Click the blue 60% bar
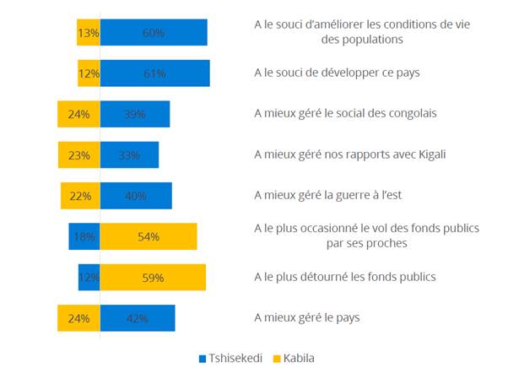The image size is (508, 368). (x=153, y=32)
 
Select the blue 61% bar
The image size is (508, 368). (x=154, y=73)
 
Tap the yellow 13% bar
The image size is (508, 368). (x=88, y=32)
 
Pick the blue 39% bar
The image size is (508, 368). (x=134, y=114)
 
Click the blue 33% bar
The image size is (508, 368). (x=129, y=154)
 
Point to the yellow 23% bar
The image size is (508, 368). (x=78, y=154)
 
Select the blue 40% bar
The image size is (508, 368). (x=135, y=196)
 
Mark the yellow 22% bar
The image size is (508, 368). (x=80, y=196)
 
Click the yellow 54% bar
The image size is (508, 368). (x=148, y=236)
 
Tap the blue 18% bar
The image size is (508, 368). (x=84, y=236)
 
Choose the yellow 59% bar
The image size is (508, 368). (x=152, y=277)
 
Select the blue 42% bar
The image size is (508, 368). (x=137, y=318)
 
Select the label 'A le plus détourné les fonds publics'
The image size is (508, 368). (x=346, y=277)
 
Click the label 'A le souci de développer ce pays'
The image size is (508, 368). (x=337, y=73)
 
